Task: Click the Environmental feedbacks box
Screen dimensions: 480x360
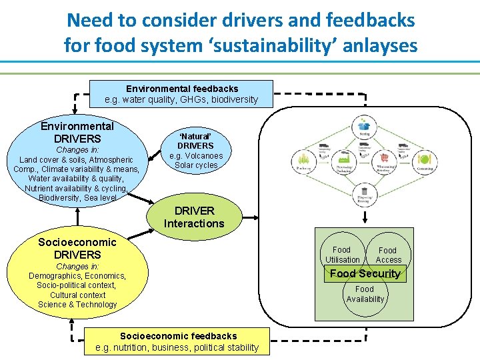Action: click(181, 94)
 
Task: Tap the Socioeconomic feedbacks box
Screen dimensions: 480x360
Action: click(177, 341)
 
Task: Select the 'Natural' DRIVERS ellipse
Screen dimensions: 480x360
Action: click(195, 151)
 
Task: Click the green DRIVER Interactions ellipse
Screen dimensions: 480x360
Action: click(194, 217)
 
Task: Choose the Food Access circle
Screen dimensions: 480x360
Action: click(388, 254)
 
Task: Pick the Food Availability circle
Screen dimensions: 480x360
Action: click(365, 294)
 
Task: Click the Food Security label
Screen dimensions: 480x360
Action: click(365, 273)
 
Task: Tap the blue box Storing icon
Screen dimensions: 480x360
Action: click(364, 125)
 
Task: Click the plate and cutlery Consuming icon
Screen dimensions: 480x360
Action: click(425, 159)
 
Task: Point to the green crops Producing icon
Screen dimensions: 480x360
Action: click(304, 159)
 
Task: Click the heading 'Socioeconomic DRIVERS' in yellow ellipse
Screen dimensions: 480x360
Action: click(77, 248)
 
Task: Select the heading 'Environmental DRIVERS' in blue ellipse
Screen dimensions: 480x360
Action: click(77, 132)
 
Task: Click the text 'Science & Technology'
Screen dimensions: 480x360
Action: click(77, 305)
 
